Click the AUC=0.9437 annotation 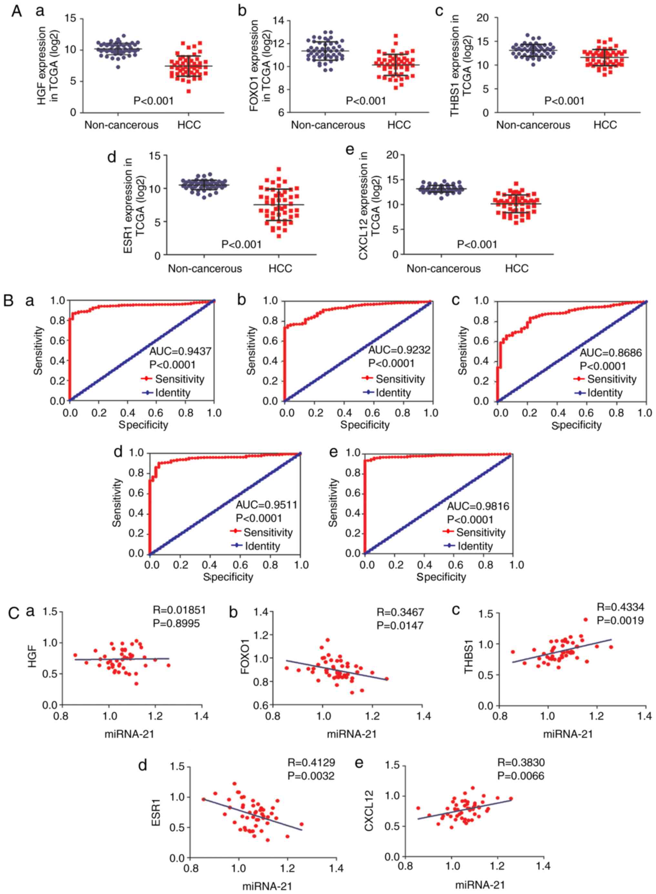coord(180,351)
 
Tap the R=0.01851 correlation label coord(179,610)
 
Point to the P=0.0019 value coord(620,621)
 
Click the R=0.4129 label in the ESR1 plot coord(311,762)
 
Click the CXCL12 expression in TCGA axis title coord(369,206)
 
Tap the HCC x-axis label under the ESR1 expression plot coord(280,269)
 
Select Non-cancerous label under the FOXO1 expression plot coord(328,125)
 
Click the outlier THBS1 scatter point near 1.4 coord(586,619)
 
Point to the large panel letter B coord(8,300)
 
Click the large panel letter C coord(14,613)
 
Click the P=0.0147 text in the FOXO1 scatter coord(400,626)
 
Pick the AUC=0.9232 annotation coord(399,350)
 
